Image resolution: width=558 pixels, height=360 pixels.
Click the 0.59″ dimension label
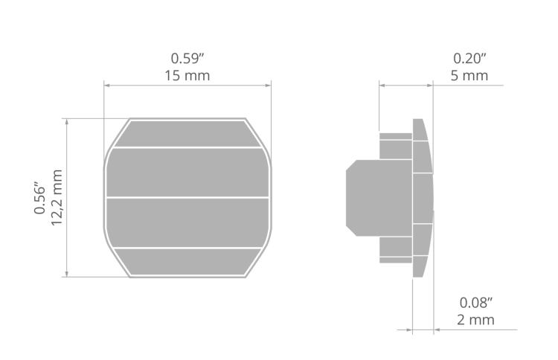point(187,58)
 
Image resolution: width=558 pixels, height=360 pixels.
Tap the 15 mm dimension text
point(187,76)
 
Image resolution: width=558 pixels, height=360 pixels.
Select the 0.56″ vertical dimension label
point(40,198)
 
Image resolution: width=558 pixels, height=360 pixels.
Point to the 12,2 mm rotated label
point(57,198)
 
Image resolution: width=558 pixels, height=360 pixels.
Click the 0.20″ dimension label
point(469,58)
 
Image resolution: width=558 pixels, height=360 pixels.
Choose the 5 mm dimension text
point(469,76)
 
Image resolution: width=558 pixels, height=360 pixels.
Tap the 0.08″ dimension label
point(476,303)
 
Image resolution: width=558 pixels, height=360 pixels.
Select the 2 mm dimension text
point(476,320)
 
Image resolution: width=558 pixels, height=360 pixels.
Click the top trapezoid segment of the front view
point(187,134)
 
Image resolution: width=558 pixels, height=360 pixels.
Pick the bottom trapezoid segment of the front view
point(187,262)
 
